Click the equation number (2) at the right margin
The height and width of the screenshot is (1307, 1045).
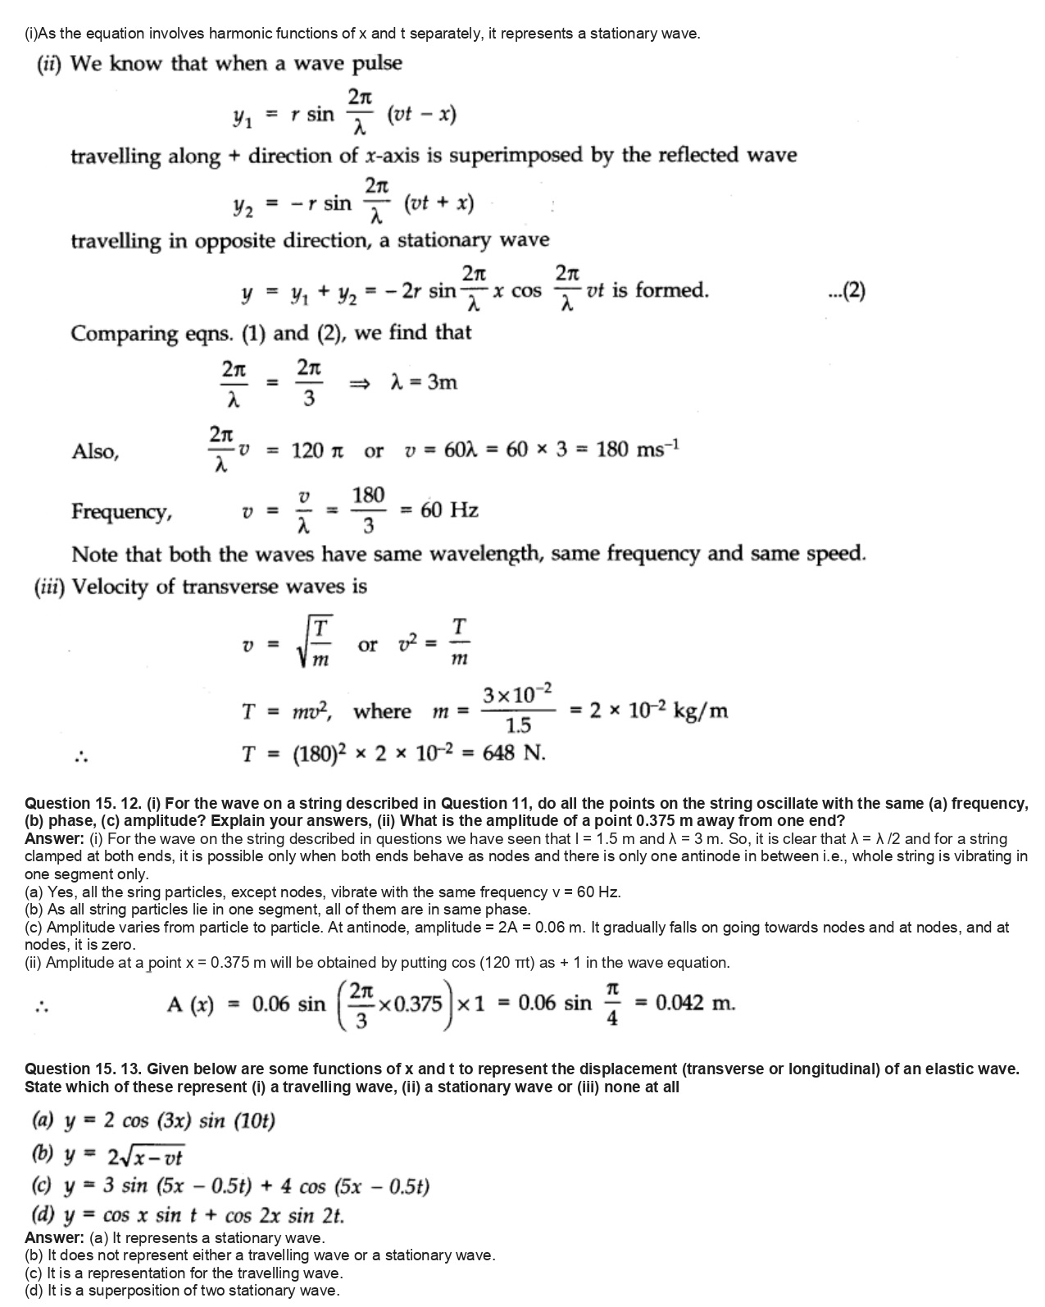pyautogui.click(x=847, y=291)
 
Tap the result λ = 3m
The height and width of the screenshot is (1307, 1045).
pyautogui.click(x=425, y=382)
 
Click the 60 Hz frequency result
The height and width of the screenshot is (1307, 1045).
pyautogui.click(x=449, y=511)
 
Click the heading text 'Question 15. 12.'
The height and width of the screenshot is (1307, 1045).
pyautogui.click(x=82, y=803)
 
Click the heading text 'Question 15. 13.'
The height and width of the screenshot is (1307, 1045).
pyautogui.click(x=82, y=1069)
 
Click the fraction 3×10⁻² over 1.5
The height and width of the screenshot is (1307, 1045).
pyautogui.click(x=517, y=710)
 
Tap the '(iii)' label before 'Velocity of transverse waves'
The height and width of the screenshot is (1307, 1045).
pyautogui.click(x=51, y=587)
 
